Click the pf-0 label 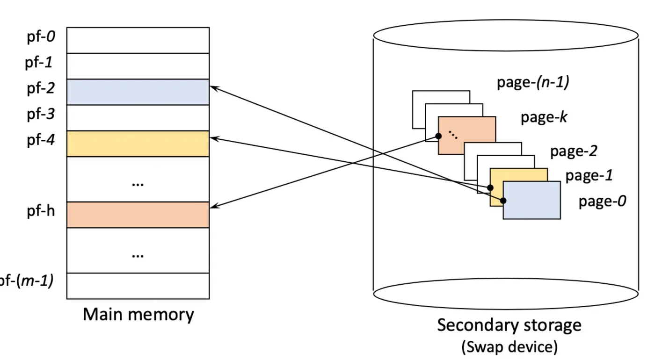pyautogui.click(x=41, y=37)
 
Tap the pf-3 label pyautogui.click(x=41, y=114)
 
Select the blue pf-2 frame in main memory pyautogui.click(x=138, y=92)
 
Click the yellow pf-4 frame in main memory pyautogui.click(x=138, y=144)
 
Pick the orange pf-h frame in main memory pyautogui.click(x=138, y=215)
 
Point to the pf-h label pyautogui.click(x=41, y=211)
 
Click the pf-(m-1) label pyautogui.click(x=27, y=281)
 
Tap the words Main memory pyautogui.click(x=138, y=314)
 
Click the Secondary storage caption pyautogui.click(x=509, y=325)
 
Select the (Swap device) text pyautogui.click(x=509, y=347)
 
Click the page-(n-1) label pyautogui.click(x=533, y=82)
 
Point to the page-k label pyautogui.click(x=544, y=117)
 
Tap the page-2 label pyautogui.click(x=574, y=151)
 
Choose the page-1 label pyautogui.click(x=589, y=176)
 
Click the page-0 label pyautogui.click(x=603, y=202)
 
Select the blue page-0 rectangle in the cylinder pyautogui.click(x=532, y=200)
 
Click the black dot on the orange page pyautogui.click(x=438, y=136)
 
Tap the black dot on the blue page pyautogui.click(x=503, y=201)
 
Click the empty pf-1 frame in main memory pyautogui.click(x=138, y=66)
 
